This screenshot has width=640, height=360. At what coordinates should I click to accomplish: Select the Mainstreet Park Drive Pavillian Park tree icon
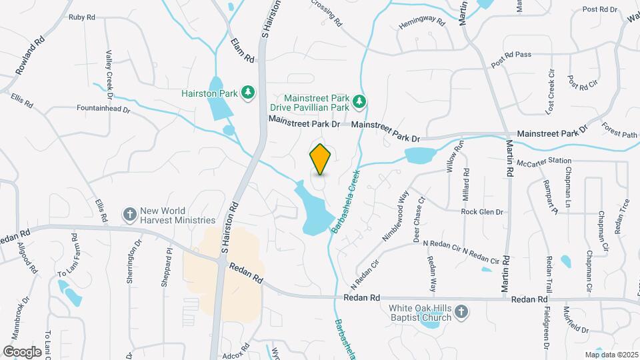coord(359,101)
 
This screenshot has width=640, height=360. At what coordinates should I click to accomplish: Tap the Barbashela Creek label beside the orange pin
coord(345,201)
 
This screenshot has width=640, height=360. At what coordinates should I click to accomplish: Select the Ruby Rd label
coord(82,16)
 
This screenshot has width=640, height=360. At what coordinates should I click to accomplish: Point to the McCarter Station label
coord(547,161)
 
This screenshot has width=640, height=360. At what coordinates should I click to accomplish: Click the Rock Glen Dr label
coord(482,212)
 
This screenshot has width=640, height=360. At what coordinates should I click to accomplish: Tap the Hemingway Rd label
coord(421,22)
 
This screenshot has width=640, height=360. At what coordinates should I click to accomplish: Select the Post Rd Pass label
coord(511,59)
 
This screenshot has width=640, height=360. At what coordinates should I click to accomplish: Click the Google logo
coord(23,351)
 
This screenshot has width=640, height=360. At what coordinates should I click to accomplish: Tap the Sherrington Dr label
coord(131,262)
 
